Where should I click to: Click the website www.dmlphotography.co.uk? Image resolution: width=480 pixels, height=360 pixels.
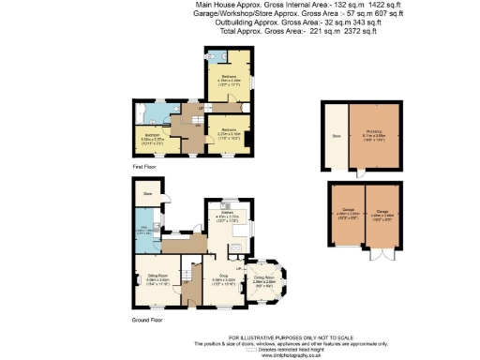(240, 354)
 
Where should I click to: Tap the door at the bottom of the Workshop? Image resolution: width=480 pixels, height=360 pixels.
(360, 175)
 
